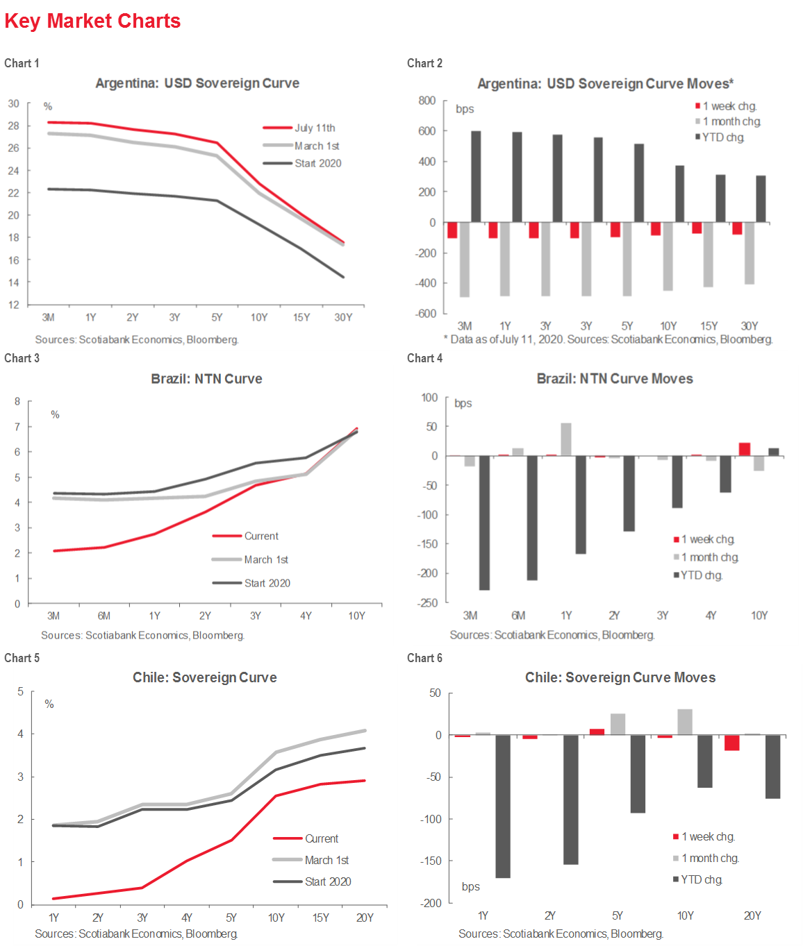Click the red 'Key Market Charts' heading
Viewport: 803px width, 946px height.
tap(92, 21)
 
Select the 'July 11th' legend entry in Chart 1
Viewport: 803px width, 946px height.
tap(314, 128)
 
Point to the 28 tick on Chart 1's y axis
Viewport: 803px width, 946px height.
tap(14, 126)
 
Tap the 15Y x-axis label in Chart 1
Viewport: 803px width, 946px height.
tap(301, 317)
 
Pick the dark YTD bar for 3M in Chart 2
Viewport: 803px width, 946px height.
tap(476, 176)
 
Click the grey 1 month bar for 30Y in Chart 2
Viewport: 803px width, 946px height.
tap(750, 253)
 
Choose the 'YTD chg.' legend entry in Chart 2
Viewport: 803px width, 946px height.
tap(722, 137)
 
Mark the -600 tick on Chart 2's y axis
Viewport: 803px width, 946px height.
tap(426, 314)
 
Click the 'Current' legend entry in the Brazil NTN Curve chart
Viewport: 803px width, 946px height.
tap(260, 536)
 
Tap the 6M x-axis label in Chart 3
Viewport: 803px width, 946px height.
tap(104, 616)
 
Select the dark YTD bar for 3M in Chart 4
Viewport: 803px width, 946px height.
tap(484, 523)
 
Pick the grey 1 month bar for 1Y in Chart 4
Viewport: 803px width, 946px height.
tap(566, 439)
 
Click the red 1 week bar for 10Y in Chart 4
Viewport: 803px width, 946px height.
tap(745, 449)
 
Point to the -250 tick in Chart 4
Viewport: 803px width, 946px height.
tap(427, 603)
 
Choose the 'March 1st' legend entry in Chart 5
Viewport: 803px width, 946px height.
tap(326, 860)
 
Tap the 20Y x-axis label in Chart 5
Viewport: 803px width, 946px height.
tap(365, 918)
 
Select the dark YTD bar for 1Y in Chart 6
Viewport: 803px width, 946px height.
tap(503, 806)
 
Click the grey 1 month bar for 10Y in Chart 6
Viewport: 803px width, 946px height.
tap(685, 722)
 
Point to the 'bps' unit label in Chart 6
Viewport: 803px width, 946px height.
tap(470, 886)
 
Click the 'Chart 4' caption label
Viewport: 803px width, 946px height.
tap(424, 358)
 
